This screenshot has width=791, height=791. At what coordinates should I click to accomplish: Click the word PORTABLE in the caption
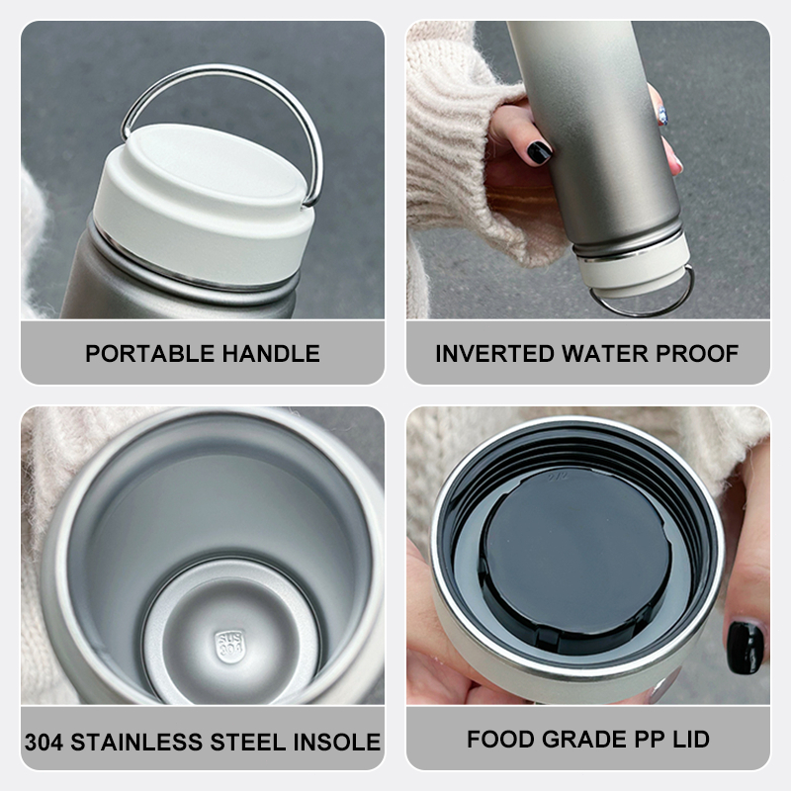150,354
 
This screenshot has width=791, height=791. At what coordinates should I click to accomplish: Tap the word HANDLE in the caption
271,354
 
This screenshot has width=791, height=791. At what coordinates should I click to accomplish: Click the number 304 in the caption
44,743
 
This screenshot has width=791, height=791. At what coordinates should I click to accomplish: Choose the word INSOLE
337,743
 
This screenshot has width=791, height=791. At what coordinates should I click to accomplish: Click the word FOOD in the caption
501,739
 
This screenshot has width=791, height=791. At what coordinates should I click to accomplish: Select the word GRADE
584,739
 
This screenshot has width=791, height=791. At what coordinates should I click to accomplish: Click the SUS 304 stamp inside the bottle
230,646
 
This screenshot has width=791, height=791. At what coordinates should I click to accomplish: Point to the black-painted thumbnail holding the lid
746,648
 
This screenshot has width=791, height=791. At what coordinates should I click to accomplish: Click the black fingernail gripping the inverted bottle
538,152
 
